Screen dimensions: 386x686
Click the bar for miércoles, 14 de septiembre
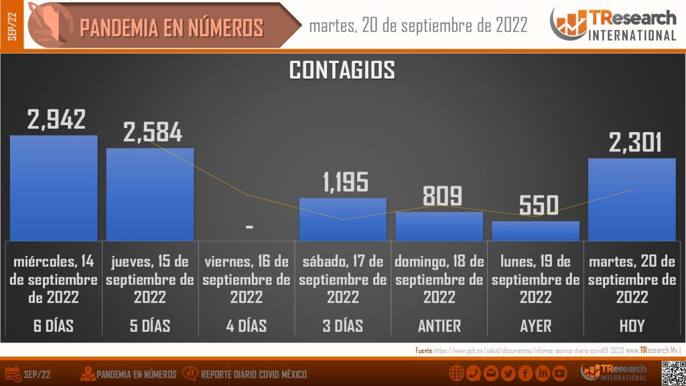click(54, 188)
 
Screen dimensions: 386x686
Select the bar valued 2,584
click(150, 194)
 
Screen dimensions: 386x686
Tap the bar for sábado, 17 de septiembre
click(343, 219)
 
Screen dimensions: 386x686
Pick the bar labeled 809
click(439, 227)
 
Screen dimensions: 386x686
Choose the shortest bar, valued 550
click(535, 231)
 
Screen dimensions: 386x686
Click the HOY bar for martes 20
click(632, 199)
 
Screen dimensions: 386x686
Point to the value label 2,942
click(56, 119)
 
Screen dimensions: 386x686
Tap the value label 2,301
click(634, 142)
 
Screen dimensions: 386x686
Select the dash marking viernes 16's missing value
click(249, 228)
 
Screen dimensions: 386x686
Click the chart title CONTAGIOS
click(342, 70)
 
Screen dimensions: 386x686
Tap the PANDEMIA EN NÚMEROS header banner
click(171, 27)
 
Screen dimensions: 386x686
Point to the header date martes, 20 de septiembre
click(418, 25)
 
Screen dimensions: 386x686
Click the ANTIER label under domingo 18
click(439, 326)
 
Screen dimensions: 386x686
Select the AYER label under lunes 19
click(536, 326)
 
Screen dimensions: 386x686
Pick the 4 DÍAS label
click(247, 326)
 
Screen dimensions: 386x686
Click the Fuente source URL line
click(546, 350)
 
